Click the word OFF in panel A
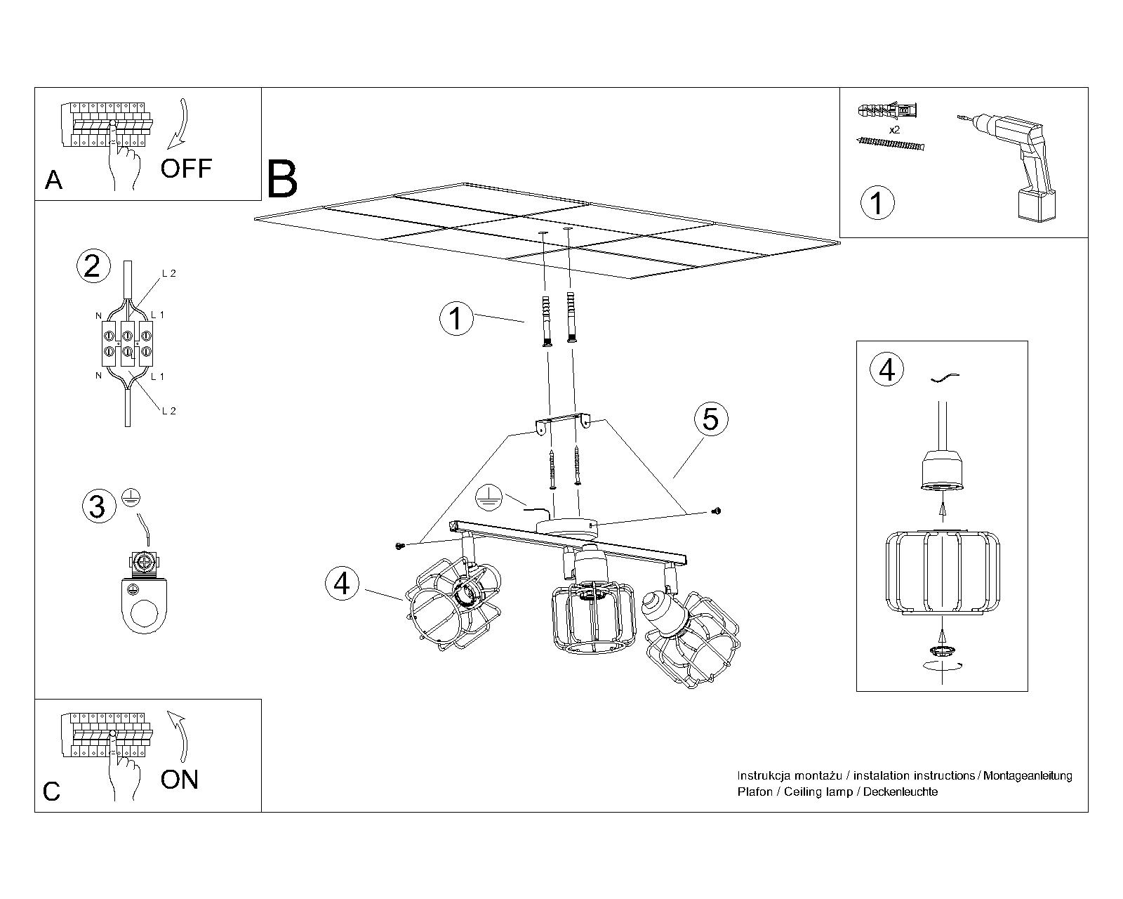[186, 169]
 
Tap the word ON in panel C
[180, 780]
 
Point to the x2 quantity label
[894, 130]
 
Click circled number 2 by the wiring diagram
[93, 266]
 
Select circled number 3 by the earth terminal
[98, 506]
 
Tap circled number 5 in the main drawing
[710, 419]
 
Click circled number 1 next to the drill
[877, 202]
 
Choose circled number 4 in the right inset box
[887, 369]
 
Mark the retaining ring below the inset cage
[943, 650]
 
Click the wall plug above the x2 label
[887, 111]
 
